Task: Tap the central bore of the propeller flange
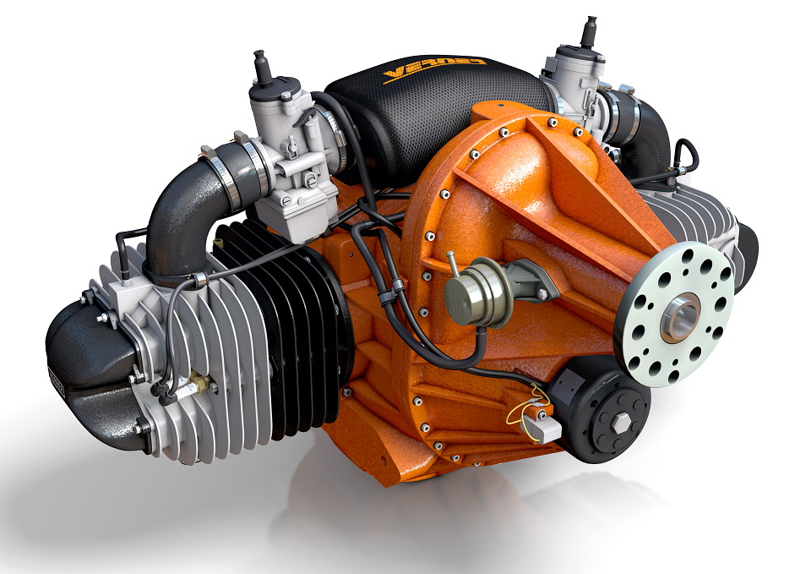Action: pyautogui.click(x=678, y=318)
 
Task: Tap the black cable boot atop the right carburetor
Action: pyautogui.click(x=588, y=32)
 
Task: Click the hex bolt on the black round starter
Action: pyautogui.click(x=618, y=422)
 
